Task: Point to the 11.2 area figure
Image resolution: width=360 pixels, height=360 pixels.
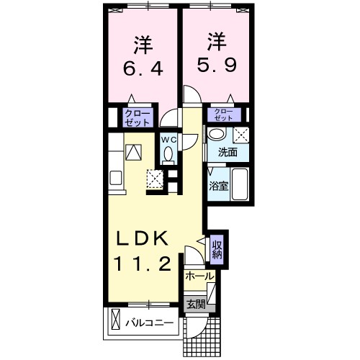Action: (143, 264)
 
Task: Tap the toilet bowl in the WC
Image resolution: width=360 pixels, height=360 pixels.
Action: (168, 153)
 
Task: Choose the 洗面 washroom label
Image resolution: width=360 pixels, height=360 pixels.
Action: (219, 153)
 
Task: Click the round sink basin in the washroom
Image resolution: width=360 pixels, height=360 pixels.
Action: (217, 135)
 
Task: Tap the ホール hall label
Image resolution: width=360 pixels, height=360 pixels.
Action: (199, 276)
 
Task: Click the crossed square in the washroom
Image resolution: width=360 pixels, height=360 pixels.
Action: (240, 135)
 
